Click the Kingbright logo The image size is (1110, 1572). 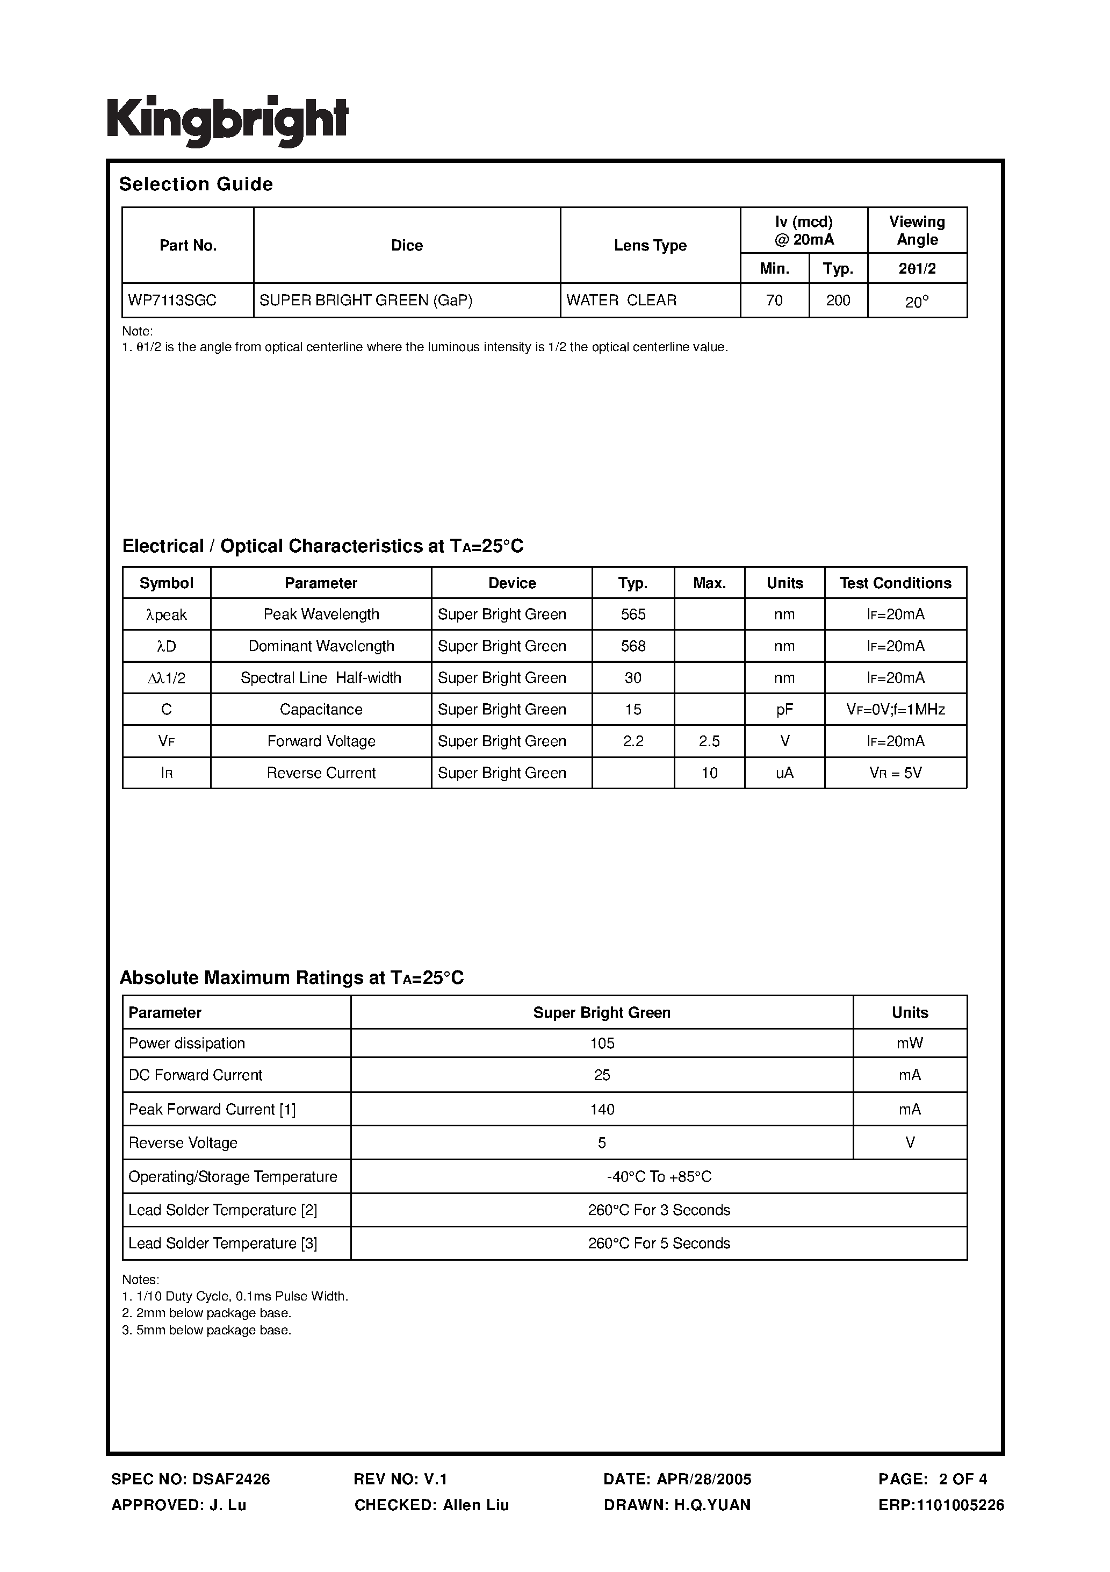227,121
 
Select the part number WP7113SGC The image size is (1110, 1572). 172,301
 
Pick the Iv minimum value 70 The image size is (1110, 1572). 774,301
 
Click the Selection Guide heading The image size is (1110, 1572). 196,184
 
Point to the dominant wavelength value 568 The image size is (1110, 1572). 632,646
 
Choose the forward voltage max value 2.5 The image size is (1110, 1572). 709,741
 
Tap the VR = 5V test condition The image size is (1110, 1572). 895,773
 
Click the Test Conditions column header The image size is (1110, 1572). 895,583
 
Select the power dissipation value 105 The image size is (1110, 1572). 602,1044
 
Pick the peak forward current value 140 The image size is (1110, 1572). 602,1110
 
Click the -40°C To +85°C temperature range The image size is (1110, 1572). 658,1177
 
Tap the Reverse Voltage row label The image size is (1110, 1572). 183,1144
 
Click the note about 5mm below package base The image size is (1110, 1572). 207,1330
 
